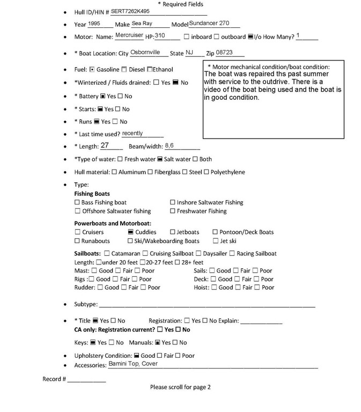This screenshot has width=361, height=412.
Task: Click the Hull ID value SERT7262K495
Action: coord(130,11)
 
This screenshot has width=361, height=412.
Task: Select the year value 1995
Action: coord(94,24)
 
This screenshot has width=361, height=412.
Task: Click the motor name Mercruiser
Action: coord(129,36)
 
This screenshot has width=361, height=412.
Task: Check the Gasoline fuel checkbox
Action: coord(92,70)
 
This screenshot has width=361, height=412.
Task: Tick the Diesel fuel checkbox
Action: coord(124,70)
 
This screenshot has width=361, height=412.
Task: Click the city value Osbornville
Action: coord(145,53)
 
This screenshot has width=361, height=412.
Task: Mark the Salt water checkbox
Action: coord(160,159)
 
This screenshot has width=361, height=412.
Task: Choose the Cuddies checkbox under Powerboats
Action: coord(130,232)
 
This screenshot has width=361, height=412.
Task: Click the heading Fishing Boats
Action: coord(92,194)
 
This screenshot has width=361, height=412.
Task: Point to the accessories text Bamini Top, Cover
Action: coord(133,364)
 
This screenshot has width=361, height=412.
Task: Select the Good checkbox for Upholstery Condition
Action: coord(136,356)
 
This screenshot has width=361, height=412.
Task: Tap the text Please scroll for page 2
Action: coord(180,387)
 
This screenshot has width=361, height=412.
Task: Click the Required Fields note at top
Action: coord(180,4)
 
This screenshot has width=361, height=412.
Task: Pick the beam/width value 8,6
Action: coord(170,145)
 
